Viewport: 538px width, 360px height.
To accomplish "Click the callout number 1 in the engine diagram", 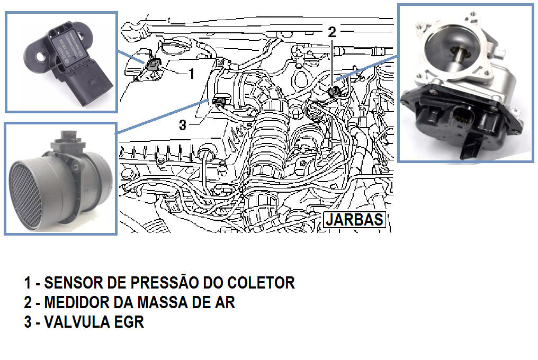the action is tap(192, 73).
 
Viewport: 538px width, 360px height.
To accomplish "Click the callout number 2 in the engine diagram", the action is tap(332, 32).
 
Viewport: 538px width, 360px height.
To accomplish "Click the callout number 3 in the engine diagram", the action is tap(183, 124).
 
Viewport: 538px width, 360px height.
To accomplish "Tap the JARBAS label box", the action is tap(354, 220).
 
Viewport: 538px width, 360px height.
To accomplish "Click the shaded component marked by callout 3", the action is tap(219, 101).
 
